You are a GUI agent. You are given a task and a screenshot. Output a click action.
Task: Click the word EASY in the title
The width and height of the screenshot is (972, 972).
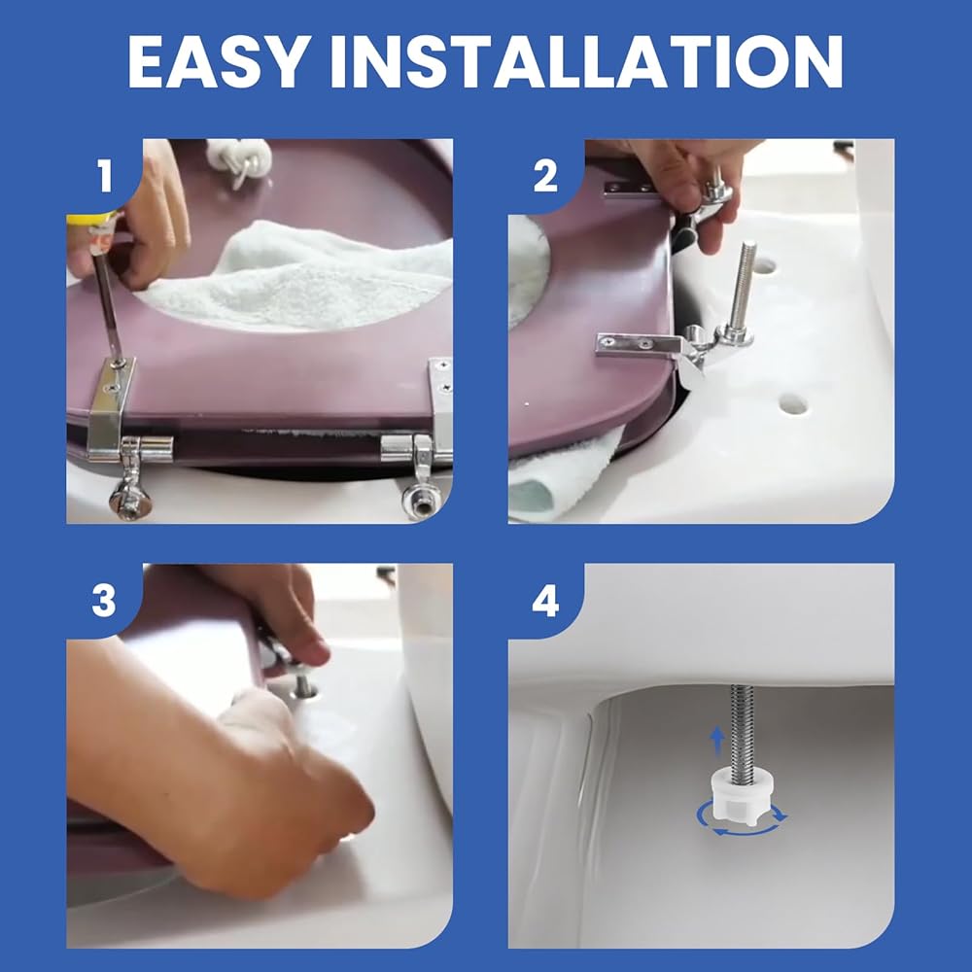coord(217,61)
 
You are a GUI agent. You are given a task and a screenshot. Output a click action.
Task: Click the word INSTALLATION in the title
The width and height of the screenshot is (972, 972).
coord(586,61)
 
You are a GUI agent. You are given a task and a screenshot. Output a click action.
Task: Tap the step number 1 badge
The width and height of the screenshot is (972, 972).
coord(104,176)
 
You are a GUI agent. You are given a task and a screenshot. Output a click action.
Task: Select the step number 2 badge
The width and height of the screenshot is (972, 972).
coord(545,176)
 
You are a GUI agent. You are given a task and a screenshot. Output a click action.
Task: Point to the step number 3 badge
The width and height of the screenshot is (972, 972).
coord(104,600)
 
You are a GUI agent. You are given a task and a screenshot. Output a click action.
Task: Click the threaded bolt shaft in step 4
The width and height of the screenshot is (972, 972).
coord(743,728)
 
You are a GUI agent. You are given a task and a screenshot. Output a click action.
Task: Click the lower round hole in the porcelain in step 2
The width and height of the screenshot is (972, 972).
coord(793,403)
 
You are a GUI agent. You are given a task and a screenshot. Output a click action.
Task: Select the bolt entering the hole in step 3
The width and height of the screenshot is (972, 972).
coord(302,683)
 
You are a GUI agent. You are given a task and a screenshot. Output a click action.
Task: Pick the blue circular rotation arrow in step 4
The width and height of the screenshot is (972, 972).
coord(742,819)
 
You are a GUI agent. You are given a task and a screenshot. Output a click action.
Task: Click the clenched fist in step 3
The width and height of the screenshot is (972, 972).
coord(292,787)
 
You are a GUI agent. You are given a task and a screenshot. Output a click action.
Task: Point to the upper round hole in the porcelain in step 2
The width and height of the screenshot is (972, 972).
coord(763,266)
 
